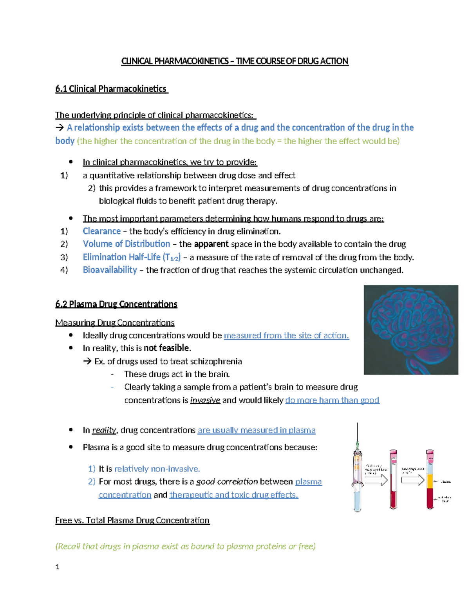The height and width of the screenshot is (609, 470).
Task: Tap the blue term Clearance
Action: click(x=101, y=231)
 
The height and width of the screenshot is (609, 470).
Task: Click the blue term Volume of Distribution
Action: click(x=126, y=244)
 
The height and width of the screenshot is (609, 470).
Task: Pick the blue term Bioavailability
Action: click(x=110, y=270)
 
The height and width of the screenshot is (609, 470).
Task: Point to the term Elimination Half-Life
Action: click(x=121, y=257)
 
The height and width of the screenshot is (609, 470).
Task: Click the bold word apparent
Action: click(x=211, y=244)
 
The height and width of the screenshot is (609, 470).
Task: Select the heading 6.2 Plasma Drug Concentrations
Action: click(x=116, y=304)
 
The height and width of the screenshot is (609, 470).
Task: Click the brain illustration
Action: click(x=410, y=330)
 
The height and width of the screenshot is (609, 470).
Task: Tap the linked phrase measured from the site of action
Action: click(x=286, y=336)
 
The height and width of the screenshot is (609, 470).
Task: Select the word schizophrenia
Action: click(x=217, y=362)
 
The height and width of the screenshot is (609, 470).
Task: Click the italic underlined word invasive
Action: click(x=205, y=400)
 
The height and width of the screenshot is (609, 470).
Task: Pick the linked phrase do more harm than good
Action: click(x=332, y=400)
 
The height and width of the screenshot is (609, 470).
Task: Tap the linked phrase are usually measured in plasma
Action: click(x=256, y=430)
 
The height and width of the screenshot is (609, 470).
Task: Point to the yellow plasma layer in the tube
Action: click(x=430, y=481)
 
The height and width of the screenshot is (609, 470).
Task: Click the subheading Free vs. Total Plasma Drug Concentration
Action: click(x=132, y=520)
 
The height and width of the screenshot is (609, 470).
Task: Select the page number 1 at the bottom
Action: click(x=58, y=567)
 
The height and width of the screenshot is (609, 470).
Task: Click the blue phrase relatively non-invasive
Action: click(x=157, y=469)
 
